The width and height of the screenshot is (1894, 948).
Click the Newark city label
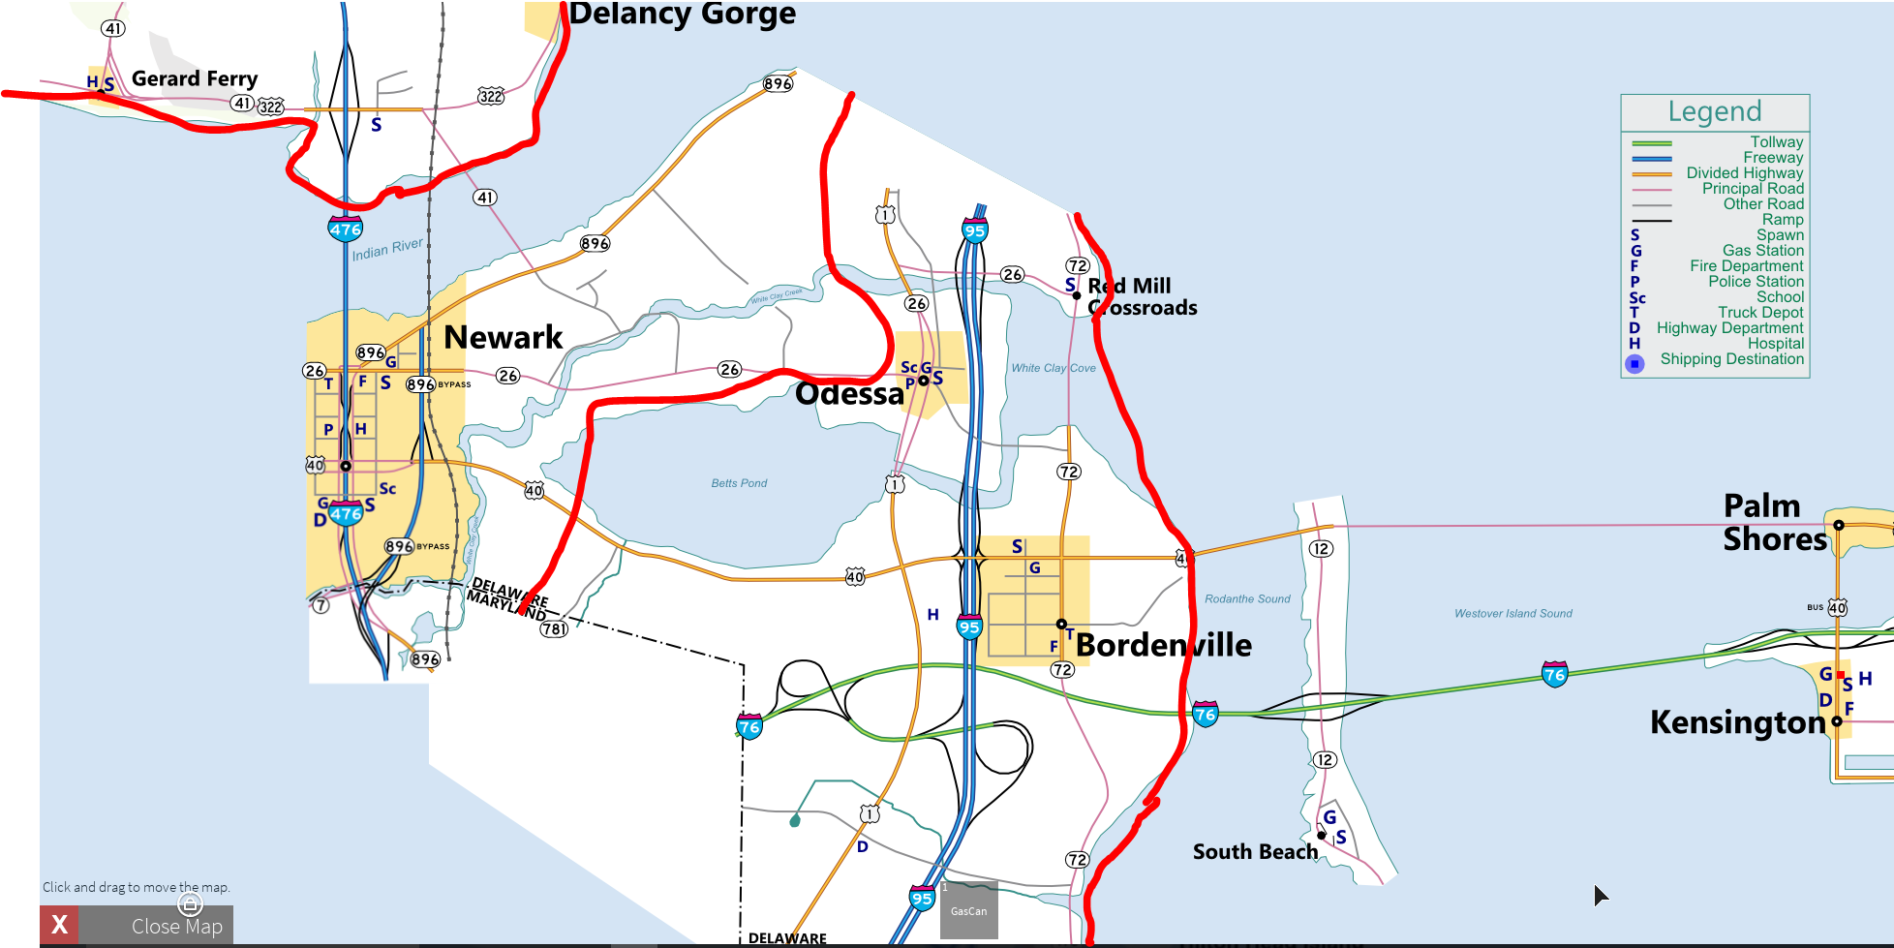pyautogui.click(x=503, y=337)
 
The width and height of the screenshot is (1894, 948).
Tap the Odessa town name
pyautogui.click(x=849, y=394)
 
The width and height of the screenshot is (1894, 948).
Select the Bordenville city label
pyautogui.click(x=1163, y=645)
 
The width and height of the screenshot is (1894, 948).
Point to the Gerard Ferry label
pyautogui.click(x=194, y=78)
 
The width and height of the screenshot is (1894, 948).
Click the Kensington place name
pyautogui.click(x=1737, y=722)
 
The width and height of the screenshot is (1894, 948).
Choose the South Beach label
pyautogui.click(x=1255, y=852)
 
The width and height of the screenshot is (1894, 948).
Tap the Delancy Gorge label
pyautogui.click(x=682, y=14)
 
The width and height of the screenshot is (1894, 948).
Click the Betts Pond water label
pyautogui.click(x=739, y=483)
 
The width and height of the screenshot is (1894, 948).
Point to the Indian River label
pyautogui.click(x=386, y=250)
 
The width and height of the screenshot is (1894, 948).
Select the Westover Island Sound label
pyautogui.click(x=1512, y=614)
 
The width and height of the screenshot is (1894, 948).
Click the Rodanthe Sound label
pyautogui.click(x=1247, y=599)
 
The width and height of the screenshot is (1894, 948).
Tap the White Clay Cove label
pyautogui.click(x=1054, y=368)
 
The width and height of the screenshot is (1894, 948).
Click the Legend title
pyautogui.click(x=1714, y=111)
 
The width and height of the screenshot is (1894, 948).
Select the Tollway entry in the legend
pyautogui.click(x=1776, y=142)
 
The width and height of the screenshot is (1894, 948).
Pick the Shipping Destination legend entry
pyautogui.click(x=1731, y=359)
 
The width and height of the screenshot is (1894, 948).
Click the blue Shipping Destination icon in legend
pyautogui.click(x=1634, y=364)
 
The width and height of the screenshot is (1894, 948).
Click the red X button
pyautogui.click(x=59, y=925)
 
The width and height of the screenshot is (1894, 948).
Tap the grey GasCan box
pyautogui.click(x=968, y=910)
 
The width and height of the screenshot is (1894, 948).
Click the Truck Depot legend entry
pyautogui.click(x=1760, y=313)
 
